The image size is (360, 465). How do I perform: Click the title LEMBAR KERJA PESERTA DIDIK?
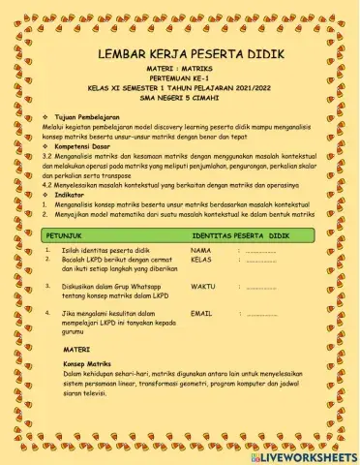click(180, 55)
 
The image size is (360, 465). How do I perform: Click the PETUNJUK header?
click(65, 235)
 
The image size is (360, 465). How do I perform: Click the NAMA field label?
click(201, 251)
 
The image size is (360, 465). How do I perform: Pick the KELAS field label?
click(202, 260)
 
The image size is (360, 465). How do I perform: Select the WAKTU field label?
click(204, 287)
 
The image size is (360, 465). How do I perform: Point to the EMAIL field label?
click(202, 314)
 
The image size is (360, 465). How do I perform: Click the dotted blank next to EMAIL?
click(261, 315)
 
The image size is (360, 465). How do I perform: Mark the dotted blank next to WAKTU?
click(261, 288)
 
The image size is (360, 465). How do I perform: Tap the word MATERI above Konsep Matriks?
click(77, 347)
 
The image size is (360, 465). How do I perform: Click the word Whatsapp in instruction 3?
click(138, 287)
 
